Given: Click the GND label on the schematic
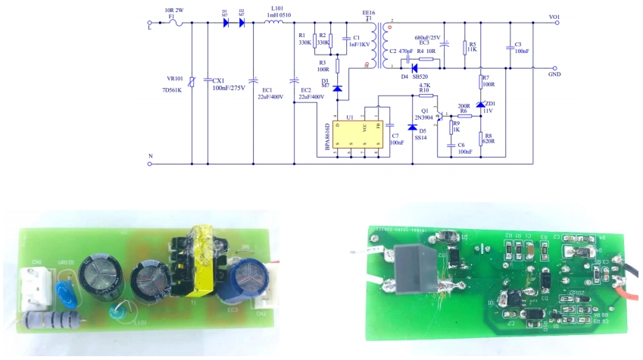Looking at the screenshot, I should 554,76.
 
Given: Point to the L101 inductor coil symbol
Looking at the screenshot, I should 273,23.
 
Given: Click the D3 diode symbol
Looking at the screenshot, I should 337,89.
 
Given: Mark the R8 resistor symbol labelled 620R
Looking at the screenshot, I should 481,137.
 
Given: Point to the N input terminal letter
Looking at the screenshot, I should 151,156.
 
